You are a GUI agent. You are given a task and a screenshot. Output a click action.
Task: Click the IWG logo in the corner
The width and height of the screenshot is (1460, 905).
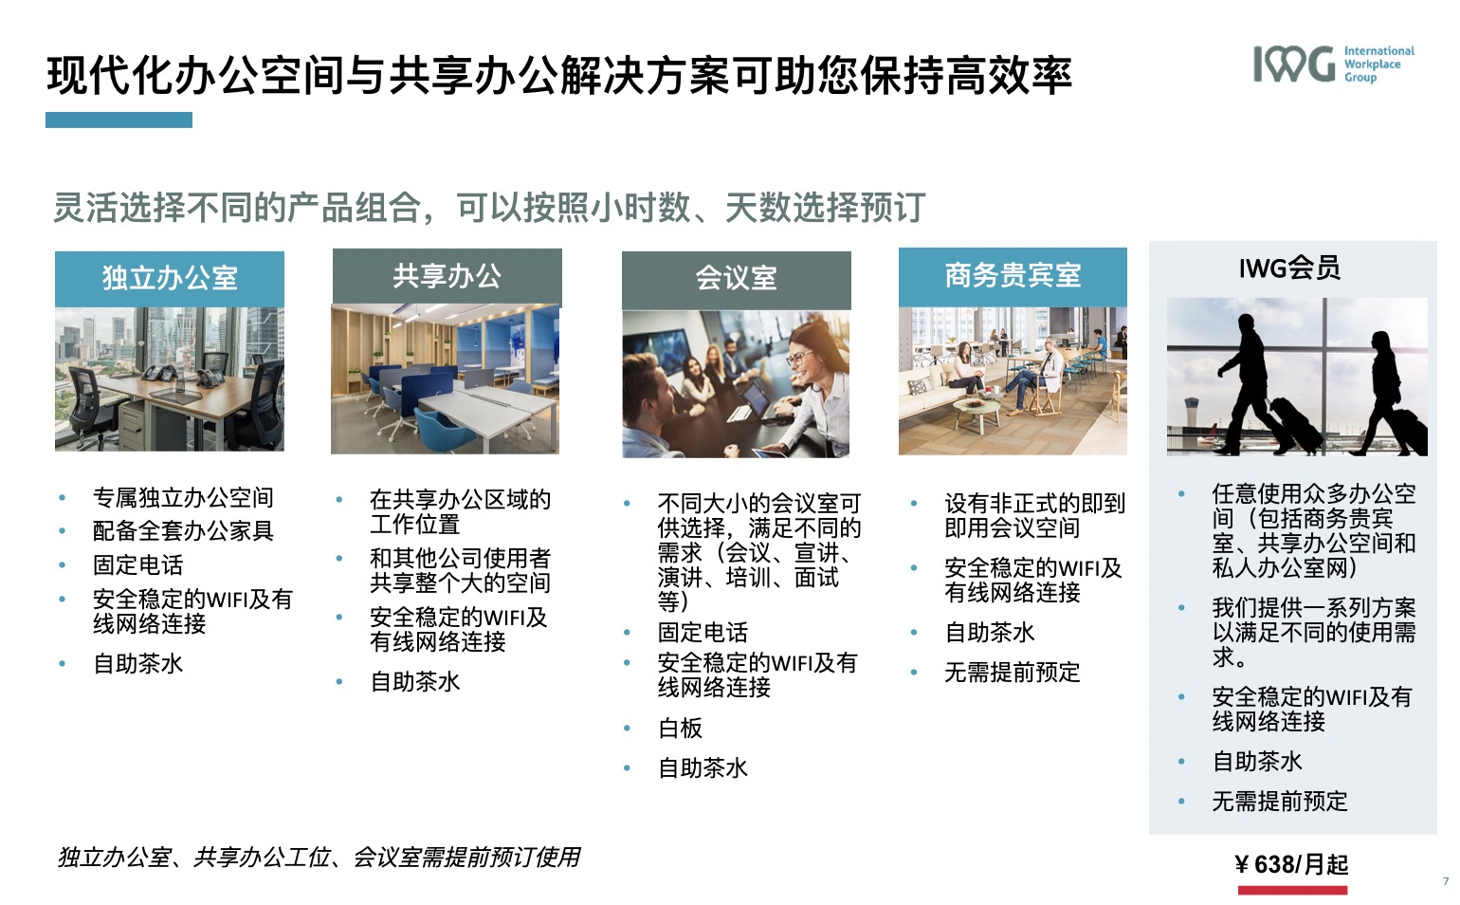pyautogui.click(x=1334, y=64)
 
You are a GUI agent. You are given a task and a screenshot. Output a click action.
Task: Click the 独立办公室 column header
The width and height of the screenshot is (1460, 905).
pyautogui.click(x=170, y=278)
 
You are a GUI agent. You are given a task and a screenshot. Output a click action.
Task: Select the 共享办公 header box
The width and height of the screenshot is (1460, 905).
pyautogui.click(x=447, y=276)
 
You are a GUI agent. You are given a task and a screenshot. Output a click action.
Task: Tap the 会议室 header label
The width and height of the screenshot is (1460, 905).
pyautogui.click(x=736, y=278)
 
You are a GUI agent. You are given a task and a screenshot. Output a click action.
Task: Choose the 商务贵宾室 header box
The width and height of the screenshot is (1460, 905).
pyautogui.click(x=1013, y=276)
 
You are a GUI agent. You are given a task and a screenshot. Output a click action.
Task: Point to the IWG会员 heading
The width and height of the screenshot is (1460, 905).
pyautogui.click(x=1289, y=268)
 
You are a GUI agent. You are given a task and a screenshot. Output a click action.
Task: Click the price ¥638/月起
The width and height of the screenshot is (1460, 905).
pyautogui.click(x=1291, y=864)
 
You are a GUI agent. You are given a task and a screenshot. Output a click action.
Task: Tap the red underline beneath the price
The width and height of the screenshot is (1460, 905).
pyautogui.click(x=1292, y=890)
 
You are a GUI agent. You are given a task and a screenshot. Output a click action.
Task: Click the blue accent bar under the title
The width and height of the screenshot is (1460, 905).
pyautogui.click(x=119, y=120)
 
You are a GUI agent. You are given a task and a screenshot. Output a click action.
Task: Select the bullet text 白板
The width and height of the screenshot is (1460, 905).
pyautogui.click(x=680, y=729)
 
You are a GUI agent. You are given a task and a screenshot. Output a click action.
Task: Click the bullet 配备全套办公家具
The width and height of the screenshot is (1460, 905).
pyautogui.click(x=183, y=530)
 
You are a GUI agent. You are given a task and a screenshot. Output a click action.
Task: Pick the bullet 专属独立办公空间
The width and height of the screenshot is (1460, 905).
pyautogui.click(x=183, y=497)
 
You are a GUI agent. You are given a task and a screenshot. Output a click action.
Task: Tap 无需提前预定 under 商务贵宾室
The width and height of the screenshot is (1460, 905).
pyautogui.click(x=1013, y=673)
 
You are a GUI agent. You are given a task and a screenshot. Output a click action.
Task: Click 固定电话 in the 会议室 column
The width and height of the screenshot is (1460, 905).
pyautogui.click(x=703, y=633)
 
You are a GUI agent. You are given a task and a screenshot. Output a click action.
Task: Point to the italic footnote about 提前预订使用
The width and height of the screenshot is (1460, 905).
pyautogui.click(x=319, y=858)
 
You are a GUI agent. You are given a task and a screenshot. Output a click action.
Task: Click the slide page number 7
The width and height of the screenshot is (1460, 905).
pyautogui.click(x=1446, y=881)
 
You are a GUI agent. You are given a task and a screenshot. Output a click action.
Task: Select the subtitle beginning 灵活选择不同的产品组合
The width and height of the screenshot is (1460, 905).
pyautogui.click(x=489, y=208)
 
